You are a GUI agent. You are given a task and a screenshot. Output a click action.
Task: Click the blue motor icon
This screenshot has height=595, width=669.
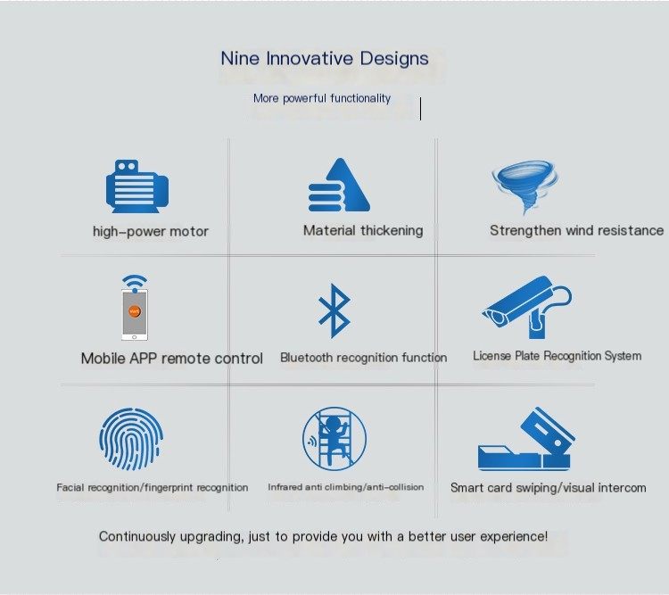137,186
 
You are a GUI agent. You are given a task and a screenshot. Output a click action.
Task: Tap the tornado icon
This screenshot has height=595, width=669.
525,186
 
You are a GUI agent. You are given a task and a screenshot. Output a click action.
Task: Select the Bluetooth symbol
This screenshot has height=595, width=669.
334,310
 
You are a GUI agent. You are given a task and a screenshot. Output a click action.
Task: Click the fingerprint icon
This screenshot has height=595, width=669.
131,439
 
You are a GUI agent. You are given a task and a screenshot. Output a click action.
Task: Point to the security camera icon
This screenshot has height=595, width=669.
527,308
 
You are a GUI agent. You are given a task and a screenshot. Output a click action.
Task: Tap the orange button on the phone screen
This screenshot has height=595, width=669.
135,311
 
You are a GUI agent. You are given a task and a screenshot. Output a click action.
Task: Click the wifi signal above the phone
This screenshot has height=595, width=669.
135,283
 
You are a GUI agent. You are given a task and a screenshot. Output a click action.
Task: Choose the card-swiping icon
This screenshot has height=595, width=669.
525,439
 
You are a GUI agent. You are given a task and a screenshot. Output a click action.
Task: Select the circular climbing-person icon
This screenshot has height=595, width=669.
334,438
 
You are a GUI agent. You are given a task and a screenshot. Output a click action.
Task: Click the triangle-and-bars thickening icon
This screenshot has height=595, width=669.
339,185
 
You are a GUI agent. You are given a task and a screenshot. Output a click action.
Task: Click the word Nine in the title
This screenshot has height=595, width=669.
240,59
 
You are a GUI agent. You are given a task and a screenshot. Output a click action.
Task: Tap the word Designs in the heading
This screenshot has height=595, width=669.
393,59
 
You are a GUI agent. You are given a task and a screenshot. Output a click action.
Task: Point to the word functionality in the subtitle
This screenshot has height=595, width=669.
360,99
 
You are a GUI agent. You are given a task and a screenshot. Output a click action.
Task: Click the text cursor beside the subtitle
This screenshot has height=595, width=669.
421,109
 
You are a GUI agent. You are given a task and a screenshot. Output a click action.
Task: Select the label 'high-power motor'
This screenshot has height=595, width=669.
151,231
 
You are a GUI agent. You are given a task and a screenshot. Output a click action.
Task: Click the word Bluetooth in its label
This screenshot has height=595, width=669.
307,357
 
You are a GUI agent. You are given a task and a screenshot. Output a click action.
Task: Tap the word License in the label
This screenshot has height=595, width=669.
491,356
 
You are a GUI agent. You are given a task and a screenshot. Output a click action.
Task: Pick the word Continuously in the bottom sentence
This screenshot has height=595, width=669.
137,536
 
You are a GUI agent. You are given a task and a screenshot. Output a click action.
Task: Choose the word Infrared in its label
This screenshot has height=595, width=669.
285,487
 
